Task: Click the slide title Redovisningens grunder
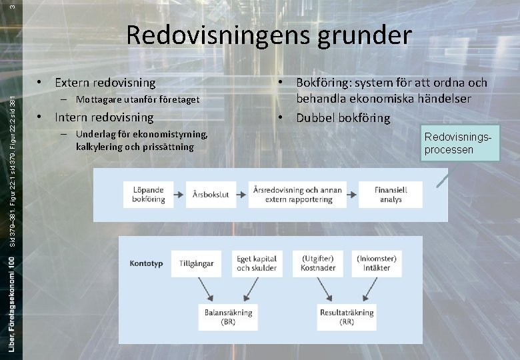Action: [x=269, y=35]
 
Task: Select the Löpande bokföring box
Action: [x=148, y=194]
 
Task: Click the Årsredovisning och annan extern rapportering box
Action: [x=297, y=194]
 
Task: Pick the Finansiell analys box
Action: [x=391, y=194]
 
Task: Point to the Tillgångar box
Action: [x=196, y=263]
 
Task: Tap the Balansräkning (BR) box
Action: [x=229, y=317]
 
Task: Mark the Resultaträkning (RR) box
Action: [x=347, y=317]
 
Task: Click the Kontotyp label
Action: [x=147, y=263]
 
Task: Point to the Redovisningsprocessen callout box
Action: [x=460, y=144]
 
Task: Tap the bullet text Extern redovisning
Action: [x=105, y=83]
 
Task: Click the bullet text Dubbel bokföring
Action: [x=343, y=118]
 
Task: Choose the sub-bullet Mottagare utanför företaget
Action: [x=137, y=100]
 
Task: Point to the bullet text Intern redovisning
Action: [x=104, y=117]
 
